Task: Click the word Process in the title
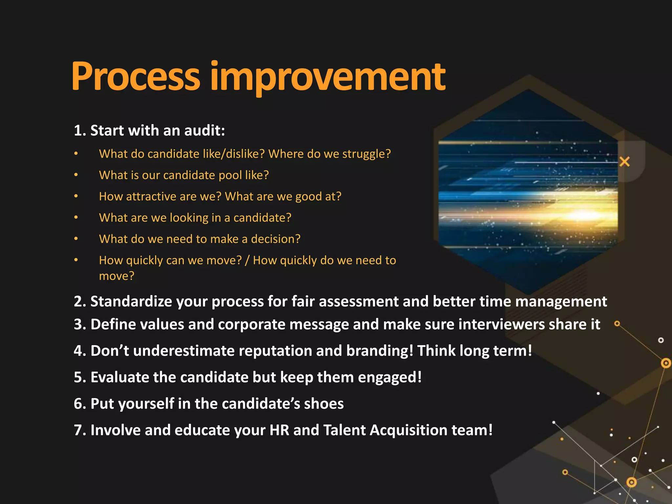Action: (135, 77)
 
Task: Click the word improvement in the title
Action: (327, 77)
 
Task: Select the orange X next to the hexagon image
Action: (624, 162)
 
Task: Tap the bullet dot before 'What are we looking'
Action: (76, 217)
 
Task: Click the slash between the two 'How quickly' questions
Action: (247, 261)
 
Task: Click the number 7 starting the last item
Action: (78, 430)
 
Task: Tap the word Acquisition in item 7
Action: (408, 430)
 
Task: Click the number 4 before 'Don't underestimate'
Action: (78, 351)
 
